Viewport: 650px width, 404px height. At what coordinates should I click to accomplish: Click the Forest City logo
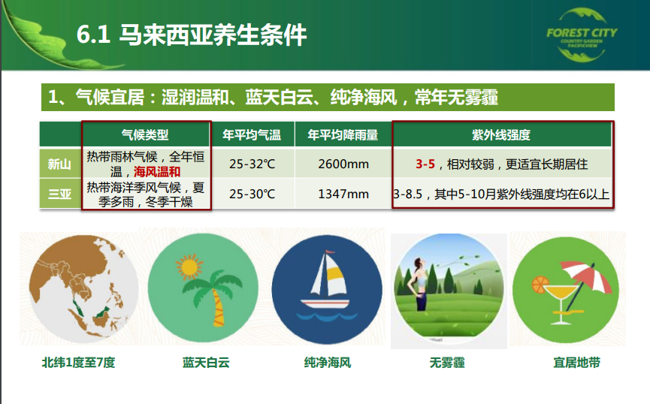582,35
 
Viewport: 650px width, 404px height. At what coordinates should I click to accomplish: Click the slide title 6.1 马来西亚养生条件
192,35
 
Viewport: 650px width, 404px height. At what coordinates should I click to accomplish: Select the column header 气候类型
145,134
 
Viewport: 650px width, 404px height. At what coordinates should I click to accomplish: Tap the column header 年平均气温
252,134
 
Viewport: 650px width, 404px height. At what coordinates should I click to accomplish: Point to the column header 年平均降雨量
343,134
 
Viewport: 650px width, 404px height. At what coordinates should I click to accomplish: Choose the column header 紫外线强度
501,134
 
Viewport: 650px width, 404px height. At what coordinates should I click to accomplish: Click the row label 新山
59,164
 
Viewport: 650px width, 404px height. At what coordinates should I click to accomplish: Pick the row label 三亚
59,194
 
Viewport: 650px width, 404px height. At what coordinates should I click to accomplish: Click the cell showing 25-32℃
252,164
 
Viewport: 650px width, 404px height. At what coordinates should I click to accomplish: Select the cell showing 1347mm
343,194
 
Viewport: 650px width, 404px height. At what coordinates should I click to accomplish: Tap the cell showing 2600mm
343,164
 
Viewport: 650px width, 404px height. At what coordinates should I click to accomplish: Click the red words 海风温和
157,171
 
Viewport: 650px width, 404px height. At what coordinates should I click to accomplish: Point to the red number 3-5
425,164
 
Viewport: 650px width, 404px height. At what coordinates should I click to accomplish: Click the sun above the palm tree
189,267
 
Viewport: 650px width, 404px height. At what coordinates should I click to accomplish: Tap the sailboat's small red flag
330,252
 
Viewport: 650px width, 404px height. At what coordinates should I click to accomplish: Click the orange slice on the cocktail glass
540,285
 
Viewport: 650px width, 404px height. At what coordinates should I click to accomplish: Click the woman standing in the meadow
419,285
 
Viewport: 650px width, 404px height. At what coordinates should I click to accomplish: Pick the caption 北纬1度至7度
78,363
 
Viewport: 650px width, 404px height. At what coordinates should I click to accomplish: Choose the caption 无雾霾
447,363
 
